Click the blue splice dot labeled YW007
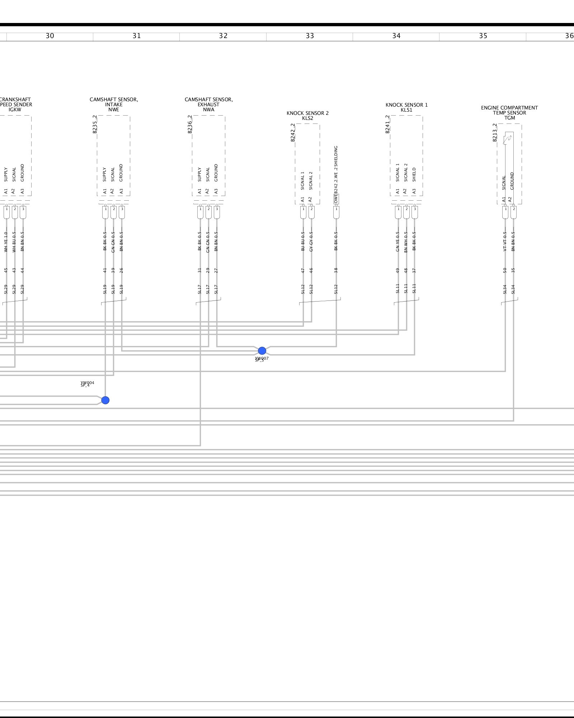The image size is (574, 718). point(262,350)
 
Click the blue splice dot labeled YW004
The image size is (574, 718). point(105,400)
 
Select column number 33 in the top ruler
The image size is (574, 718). point(310,36)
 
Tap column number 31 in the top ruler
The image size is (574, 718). point(137,36)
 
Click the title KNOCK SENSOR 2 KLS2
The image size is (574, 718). point(307,116)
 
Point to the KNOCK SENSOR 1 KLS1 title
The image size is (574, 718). point(406,107)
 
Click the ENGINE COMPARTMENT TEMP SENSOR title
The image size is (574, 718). point(509,113)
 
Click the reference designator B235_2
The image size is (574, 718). point(95,124)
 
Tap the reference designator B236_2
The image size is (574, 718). point(190,124)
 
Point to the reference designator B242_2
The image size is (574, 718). point(293,132)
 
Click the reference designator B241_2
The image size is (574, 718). point(387,124)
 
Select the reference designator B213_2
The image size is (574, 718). point(495,132)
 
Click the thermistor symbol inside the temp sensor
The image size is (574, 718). point(508,139)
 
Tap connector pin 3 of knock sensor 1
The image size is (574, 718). point(415,212)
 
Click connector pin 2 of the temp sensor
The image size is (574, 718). point(514,212)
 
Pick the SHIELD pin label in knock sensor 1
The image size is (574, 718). point(414,174)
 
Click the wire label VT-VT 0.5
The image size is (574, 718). point(505,241)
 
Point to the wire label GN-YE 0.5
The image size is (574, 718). point(397,241)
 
